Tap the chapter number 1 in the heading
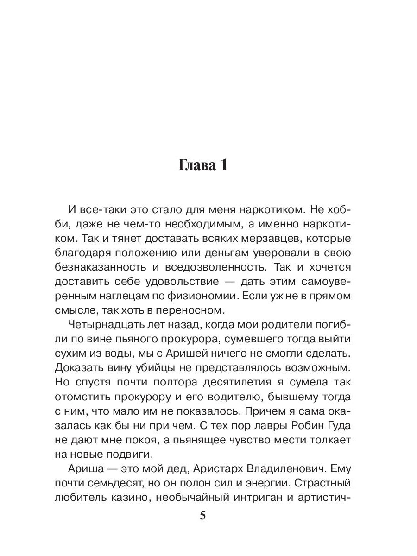(223, 165)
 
